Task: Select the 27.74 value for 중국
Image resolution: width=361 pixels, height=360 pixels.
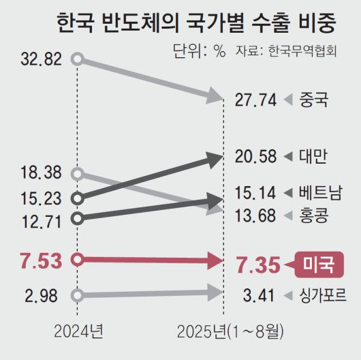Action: click(255, 100)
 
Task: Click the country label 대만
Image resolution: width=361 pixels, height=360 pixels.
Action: click(313, 156)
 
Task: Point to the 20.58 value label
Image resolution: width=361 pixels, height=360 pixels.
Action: click(255, 156)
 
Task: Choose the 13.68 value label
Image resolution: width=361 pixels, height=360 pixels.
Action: click(255, 216)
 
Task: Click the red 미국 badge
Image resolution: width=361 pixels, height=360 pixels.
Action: click(318, 263)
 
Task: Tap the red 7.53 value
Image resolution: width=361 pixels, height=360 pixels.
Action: click(40, 260)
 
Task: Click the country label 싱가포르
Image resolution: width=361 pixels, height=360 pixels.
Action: click(323, 296)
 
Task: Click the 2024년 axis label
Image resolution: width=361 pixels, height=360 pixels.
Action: click(78, 332)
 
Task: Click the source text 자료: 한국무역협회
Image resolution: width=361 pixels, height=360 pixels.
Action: click(286, 52)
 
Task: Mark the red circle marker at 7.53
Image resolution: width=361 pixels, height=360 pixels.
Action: click(78, 260)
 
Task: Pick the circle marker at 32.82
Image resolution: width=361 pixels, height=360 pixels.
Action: click(78, 59)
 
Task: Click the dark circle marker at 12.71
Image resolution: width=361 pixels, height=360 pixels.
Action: click(78, 218)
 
